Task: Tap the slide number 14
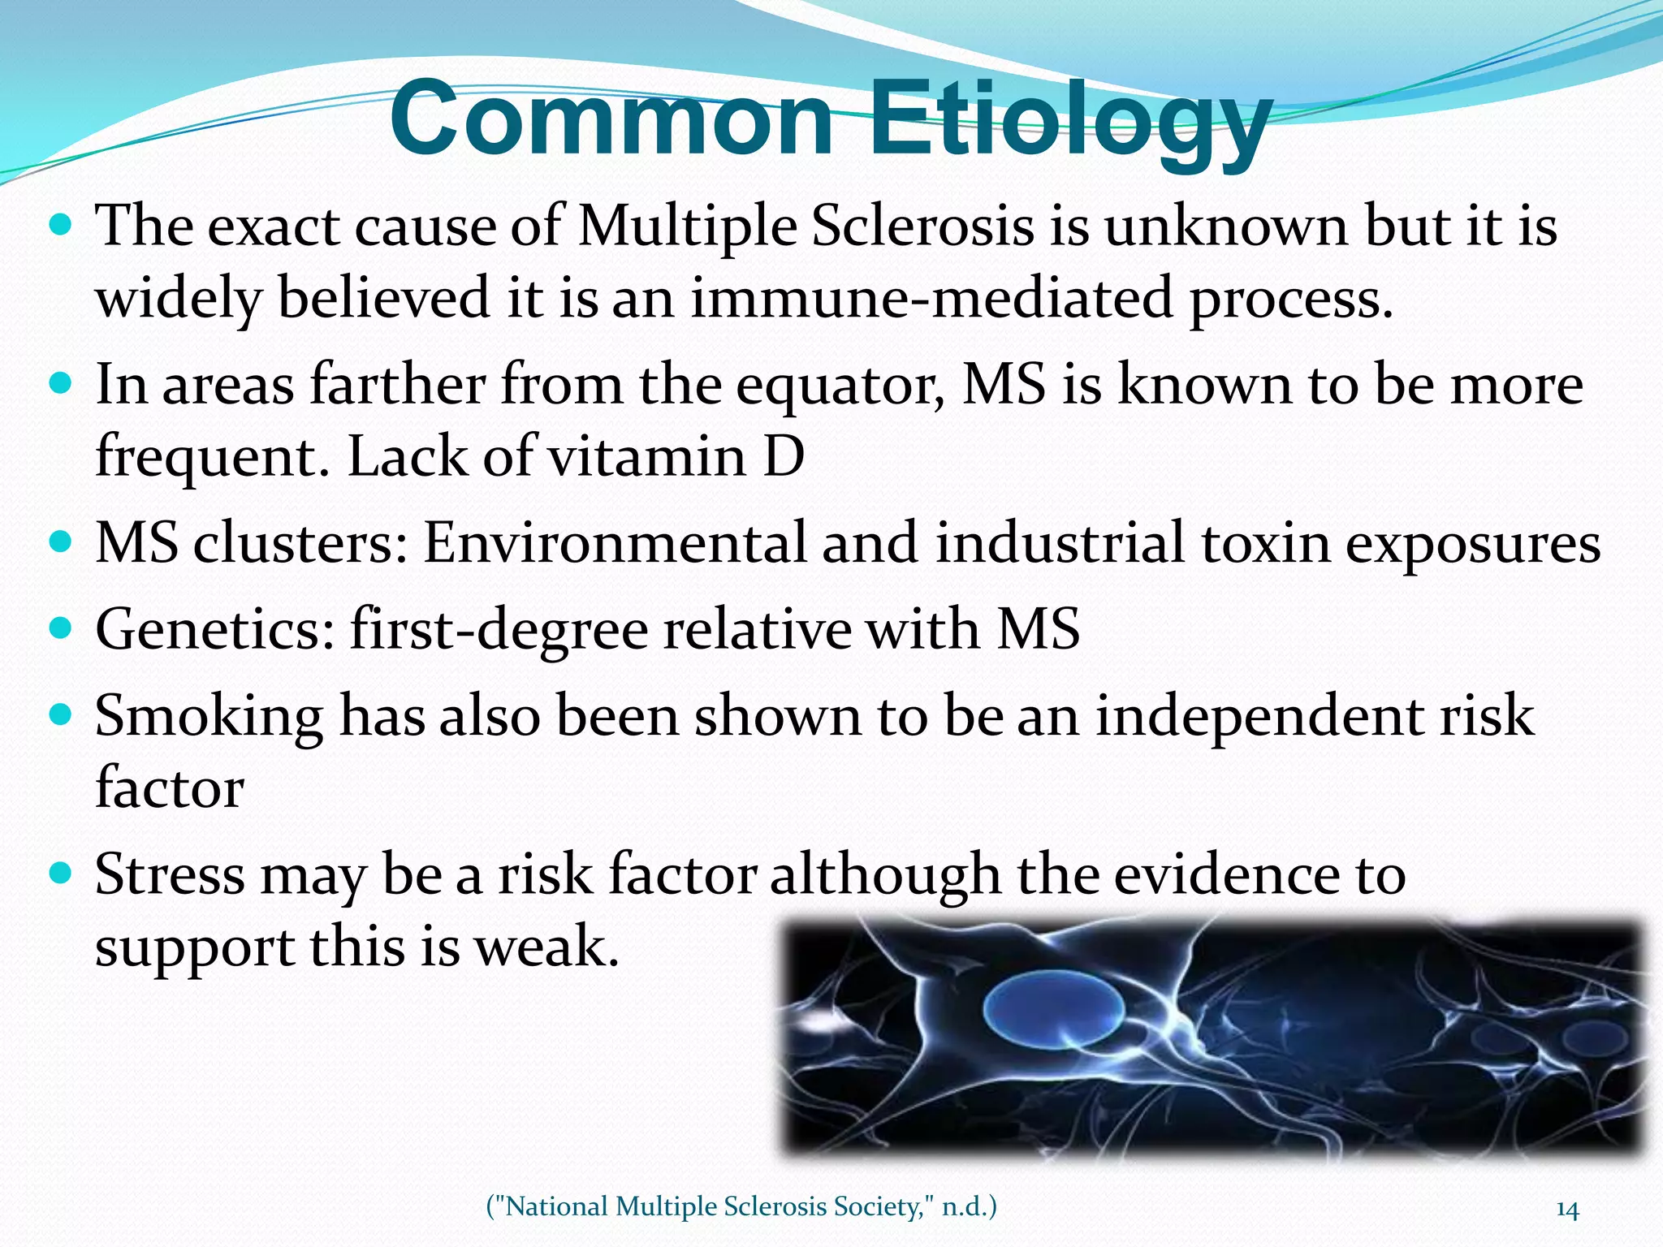(1567, 1210)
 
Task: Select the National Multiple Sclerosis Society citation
(741, 1206)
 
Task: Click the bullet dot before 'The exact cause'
(60, 224)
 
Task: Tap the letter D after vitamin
(784, 456)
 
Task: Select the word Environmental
(614, 542)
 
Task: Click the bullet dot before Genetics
(60, 628)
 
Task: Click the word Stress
(169, 875)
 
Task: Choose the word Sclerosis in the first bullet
(922, 226)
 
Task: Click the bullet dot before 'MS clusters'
(60, 541)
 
